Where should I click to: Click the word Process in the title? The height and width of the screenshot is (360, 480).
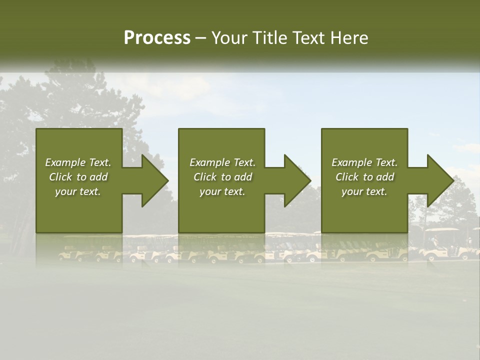pos(157,38)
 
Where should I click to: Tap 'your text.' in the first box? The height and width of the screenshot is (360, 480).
pos(78,191)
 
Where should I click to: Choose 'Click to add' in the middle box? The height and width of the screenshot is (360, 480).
pos(222,177)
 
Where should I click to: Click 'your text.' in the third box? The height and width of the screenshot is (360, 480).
pos(364,191)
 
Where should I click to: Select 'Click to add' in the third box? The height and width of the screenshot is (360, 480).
pos(364,177)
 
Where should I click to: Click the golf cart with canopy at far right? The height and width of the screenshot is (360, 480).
pos(443,244)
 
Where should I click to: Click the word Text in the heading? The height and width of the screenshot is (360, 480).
pos(309,38)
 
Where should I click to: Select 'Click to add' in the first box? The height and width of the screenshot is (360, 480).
pos(78,177)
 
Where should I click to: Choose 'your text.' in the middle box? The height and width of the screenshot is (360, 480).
pos(222,191)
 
